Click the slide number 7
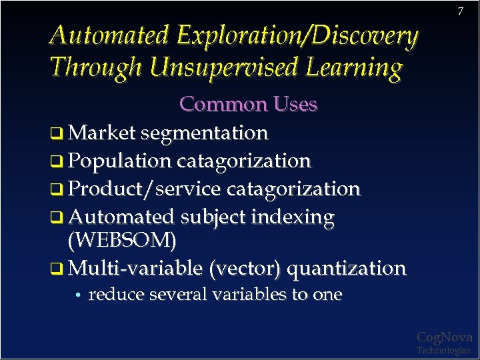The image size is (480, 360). point(460,11)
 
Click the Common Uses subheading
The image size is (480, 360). point(248,104)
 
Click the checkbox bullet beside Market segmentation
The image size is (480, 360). point(57,133)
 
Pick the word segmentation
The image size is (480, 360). point(204,133)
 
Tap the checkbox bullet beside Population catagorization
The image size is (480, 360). point(57,161)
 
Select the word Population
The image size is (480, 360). point(120,161)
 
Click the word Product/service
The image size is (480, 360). point(145,189)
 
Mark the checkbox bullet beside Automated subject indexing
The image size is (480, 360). point(57,217)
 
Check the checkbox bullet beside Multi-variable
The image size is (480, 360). point(57,269)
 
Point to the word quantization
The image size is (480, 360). point(347,269)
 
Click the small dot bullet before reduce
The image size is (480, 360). point(79,295)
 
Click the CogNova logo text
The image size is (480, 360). point(444,337)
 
